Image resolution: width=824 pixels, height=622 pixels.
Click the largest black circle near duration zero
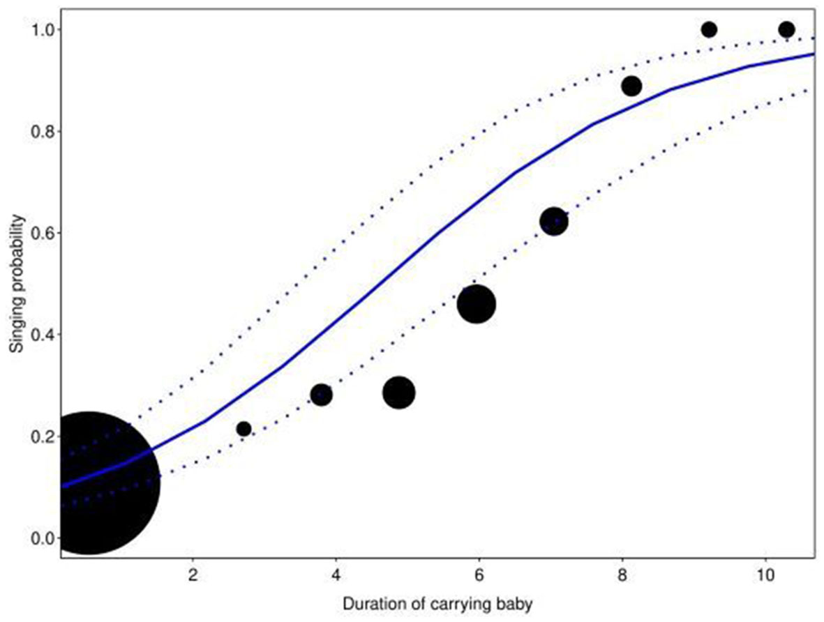88,483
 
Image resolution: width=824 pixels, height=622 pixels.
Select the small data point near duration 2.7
244,428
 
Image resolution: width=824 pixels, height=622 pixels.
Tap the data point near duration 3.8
321,395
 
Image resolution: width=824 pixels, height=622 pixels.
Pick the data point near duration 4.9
399,393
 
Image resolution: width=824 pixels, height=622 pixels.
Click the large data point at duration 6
477,304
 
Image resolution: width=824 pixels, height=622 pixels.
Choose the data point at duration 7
554,222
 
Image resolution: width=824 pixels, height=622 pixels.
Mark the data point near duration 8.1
631,86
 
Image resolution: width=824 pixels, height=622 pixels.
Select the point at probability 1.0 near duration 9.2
709,29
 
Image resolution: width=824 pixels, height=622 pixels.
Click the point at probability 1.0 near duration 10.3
786,29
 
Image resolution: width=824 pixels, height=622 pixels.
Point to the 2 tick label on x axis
193,577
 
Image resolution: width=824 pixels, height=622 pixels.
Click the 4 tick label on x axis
336,577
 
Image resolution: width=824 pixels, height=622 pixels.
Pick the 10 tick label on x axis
765,577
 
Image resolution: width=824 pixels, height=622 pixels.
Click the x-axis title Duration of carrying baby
437,605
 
